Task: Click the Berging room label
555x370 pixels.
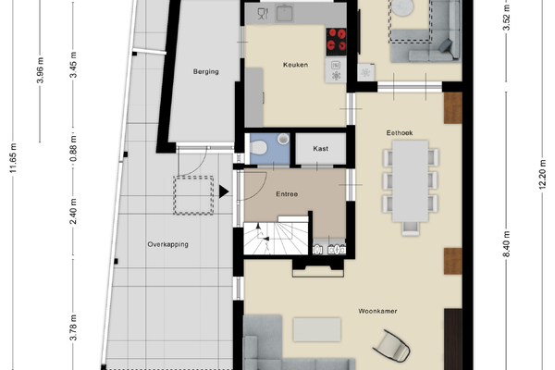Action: [x=205, y=71]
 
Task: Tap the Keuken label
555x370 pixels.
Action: [x=295, y=65]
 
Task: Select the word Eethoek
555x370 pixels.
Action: [x=400, y=133]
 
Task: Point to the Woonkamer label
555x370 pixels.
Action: [x=377, y=311]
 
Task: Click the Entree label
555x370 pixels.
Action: [x=287, y=194]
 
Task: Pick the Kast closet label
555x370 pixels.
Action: [x=320, y=149]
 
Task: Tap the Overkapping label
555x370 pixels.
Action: [x=167, y=244]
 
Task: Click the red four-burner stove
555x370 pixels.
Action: [x=336, y=42]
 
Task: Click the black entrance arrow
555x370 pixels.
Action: [x=223, y=191]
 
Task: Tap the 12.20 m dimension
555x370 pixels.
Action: [x=542, y=175]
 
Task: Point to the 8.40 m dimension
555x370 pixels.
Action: [x=507, y=244]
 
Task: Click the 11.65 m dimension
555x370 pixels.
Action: [x=13, y=158]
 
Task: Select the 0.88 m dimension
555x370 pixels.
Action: [x=73, y=149]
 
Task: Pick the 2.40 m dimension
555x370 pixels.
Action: [x=73, y=212]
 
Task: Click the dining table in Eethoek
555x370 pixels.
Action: [x=410, y=181]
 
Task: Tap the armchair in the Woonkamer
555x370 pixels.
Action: [x=392, y=346]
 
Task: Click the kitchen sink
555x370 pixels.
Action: [x=285, y=14]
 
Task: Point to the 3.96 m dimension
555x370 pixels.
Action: [x=40, y=70]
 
